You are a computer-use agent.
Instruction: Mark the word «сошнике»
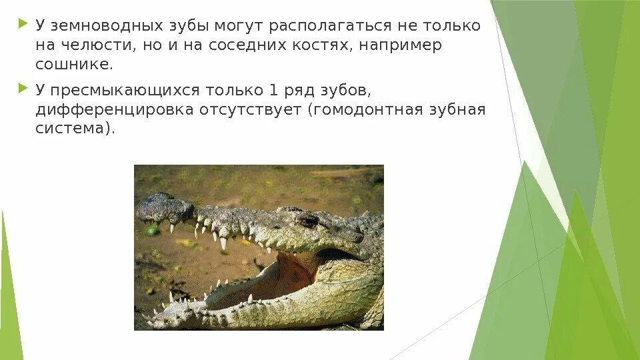74,65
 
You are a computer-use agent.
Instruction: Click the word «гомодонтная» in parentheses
365,109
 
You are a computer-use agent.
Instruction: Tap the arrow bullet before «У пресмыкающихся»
24,89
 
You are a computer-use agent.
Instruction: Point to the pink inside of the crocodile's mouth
293,270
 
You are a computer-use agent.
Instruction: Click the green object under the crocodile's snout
153,229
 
